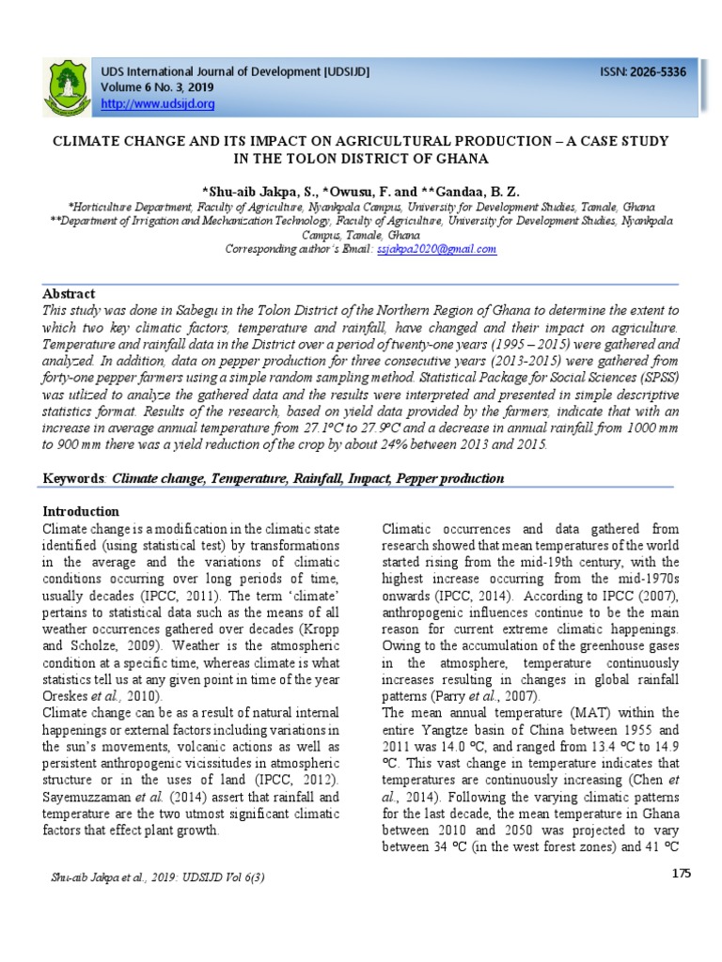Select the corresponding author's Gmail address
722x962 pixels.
[x=436, y=249]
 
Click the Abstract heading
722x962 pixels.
[x=69, y=293]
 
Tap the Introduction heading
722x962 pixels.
[x=82, y=511]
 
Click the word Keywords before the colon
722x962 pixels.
[x=75, y=478]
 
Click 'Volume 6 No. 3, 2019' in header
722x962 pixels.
[x=153, y=87]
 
